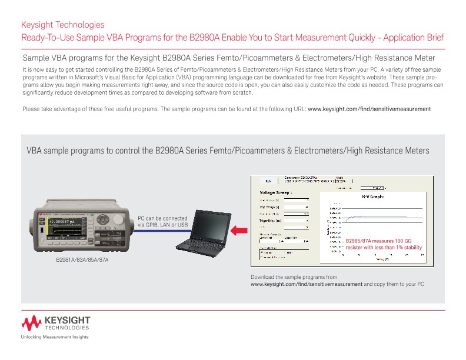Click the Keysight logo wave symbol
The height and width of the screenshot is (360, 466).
pyautogui.click(x=32, y=322)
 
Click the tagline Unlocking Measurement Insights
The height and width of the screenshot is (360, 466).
pyautogui.click(x=55, y=337)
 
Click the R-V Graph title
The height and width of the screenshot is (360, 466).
pyautogui.click(x=372, y=197)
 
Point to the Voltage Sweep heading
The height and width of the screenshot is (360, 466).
pyautogui.click(x=277, y=192)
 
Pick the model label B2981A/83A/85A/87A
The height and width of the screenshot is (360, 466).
pyautogui.click(x=82, y=259)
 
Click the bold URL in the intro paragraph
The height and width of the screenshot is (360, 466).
pyautogui.click(x=370, y=109)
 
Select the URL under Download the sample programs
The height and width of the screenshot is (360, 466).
pyautogui.click(x=307, y=284)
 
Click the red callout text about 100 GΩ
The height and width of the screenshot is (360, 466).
pyautogui.click(x=383, y=245)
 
